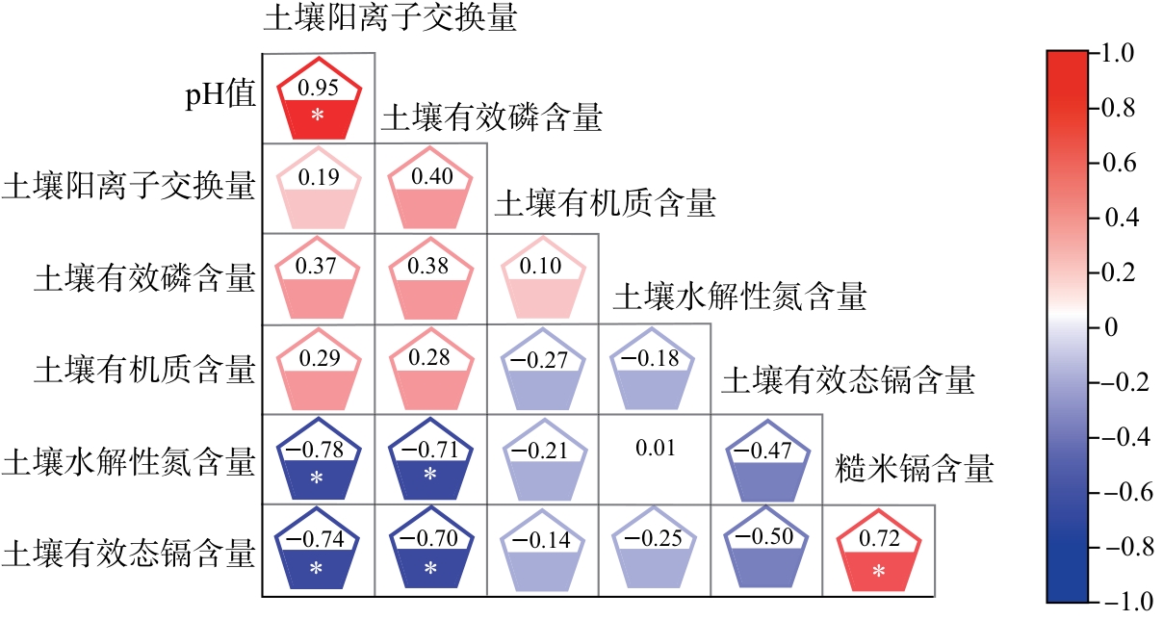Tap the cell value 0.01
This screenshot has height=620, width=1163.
(x=656, y=448)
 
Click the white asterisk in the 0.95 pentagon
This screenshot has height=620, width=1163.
(x=318, y=116)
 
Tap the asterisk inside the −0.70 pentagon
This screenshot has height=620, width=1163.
(x=430, y=568)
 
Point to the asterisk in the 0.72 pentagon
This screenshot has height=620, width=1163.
(x=878, y=572)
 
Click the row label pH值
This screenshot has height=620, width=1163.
(x=220, y=95)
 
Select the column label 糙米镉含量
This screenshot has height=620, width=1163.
(x=914, y=469)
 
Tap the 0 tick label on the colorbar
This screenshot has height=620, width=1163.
(x=1111, y=327)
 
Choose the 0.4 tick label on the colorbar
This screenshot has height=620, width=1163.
(x=1122, y=218)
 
